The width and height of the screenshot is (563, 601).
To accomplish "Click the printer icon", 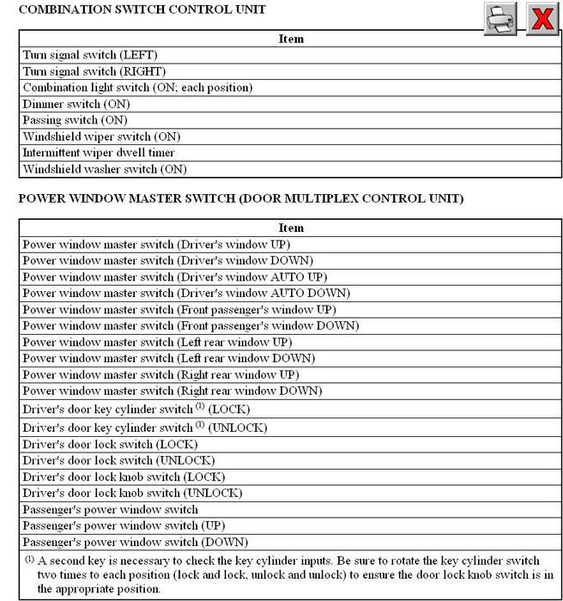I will coord(500,18).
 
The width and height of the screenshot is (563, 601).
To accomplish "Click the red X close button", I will coord(542,18).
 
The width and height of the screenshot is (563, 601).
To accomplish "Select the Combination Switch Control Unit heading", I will coord(142,9).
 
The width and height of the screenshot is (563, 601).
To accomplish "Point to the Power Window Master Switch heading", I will coord(240,198).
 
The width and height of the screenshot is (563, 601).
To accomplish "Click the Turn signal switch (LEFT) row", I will coord(90,55).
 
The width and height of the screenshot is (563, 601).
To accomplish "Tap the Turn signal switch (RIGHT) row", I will coord(94,71).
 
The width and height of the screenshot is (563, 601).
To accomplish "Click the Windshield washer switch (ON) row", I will coord(104,169).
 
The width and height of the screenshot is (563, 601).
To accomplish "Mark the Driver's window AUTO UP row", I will coord(175,276).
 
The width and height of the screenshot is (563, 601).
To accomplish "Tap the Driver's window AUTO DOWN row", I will coord(185,293).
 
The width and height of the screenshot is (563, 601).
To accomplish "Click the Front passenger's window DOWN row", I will coord(191,325).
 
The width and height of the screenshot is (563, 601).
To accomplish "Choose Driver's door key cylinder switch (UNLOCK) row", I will coord(145,428).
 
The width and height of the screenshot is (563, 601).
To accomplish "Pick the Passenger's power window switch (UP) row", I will coord(123,525).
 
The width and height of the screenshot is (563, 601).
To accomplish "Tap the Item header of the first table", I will coord(291,39).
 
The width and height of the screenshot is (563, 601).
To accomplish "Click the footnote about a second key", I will coord(288,574).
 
